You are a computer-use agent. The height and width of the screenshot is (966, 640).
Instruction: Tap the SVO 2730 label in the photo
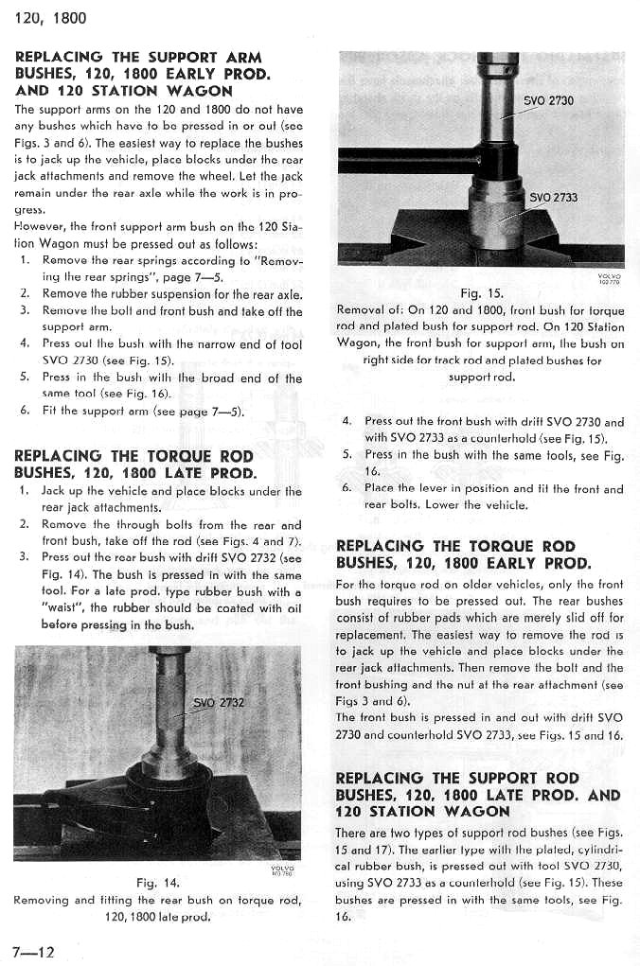coord(548,100)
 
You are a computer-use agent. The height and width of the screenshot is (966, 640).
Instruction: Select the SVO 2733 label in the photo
coord(553,198)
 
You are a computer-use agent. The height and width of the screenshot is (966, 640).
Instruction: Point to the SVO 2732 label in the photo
coord(219,703)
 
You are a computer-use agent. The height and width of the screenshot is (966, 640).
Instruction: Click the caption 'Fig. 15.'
coord(481,293)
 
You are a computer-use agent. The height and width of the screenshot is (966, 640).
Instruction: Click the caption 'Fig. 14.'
coord(158,883)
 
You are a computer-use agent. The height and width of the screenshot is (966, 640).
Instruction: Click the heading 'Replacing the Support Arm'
coord(138,58)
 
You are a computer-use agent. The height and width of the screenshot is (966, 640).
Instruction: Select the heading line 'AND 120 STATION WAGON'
coord(123,91)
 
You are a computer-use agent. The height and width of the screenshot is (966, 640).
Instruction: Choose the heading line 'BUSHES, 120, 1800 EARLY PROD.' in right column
coord(463,564)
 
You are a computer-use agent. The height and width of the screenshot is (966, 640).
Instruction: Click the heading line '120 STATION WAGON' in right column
coord(422,811)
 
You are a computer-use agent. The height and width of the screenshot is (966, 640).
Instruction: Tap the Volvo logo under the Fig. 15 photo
coord(610,278)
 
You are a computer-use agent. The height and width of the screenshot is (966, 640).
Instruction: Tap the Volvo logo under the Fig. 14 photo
coord(281,869)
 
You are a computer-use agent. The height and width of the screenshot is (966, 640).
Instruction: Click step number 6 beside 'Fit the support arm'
coord(24,411)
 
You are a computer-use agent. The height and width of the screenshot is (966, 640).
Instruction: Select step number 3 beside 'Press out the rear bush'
coord(24,556)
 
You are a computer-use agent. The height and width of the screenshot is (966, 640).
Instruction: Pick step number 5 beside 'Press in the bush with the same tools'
coord(347,454)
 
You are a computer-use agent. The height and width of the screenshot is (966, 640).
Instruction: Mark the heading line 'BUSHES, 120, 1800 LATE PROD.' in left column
coord(135,473)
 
